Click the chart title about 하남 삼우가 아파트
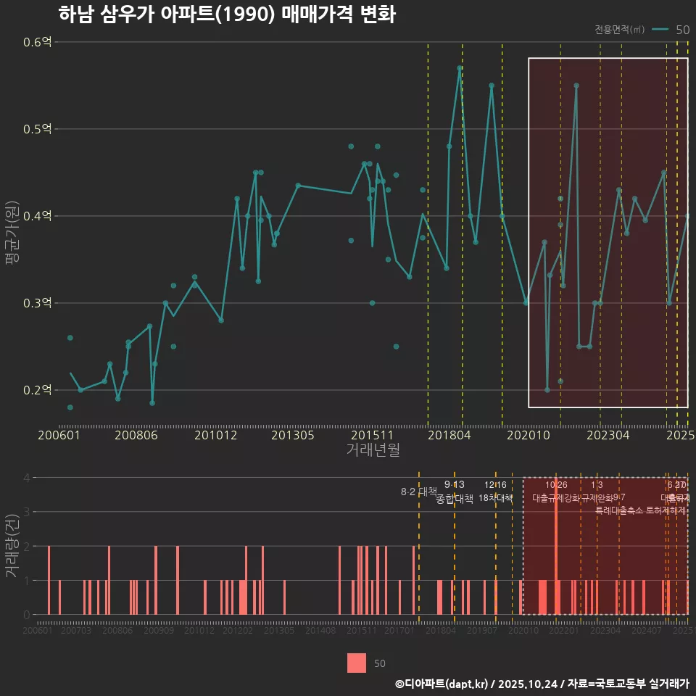[x=226, y=14]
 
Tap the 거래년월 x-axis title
[x=373, y=450]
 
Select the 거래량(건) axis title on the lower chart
[x=12, y=545]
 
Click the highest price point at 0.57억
[x=460, y=68]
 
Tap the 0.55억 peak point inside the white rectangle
[x=576, y=86]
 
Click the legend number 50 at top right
[x=682, y=30]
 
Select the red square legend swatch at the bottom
[x=356, y=663]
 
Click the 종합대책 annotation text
[x=454, y=499]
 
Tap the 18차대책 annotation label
[x=495, y=499]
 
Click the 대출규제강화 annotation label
[x=555, y=499]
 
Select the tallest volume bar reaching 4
[x=556, y=545]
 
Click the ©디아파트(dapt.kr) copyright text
[x=442, y=684]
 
